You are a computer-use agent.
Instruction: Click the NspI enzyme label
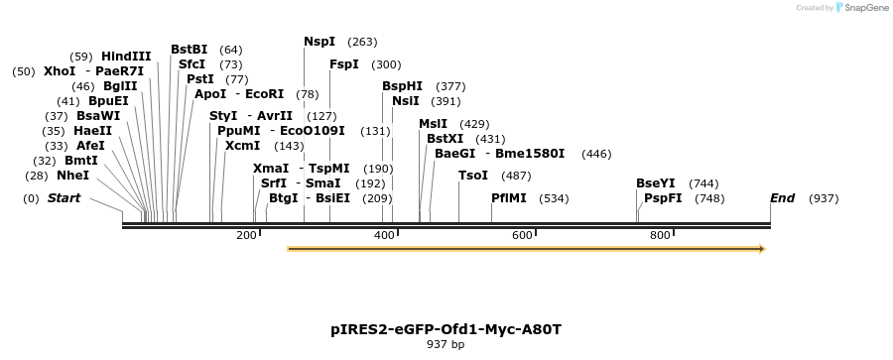[319, 42]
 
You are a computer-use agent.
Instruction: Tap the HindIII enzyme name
[126, 57]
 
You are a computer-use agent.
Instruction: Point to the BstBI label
[189, 49]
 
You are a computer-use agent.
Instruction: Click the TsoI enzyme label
[473, 176]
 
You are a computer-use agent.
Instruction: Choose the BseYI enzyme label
[655, 183]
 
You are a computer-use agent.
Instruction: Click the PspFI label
[663, 198]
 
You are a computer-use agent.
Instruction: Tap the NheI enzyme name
[72, 176]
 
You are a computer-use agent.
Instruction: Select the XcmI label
[242, 146]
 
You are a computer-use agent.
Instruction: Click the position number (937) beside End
[824, 198]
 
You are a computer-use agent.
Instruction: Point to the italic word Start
[64, 198]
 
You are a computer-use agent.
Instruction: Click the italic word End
[782, 198]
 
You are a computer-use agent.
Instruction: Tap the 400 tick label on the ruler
[384, 235]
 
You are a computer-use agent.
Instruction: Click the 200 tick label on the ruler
[246, 235]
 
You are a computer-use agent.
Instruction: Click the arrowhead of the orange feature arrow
[761, 249]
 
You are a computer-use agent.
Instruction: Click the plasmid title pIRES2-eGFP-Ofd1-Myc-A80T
[452, 328]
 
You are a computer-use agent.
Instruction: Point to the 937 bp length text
[446, 345]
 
